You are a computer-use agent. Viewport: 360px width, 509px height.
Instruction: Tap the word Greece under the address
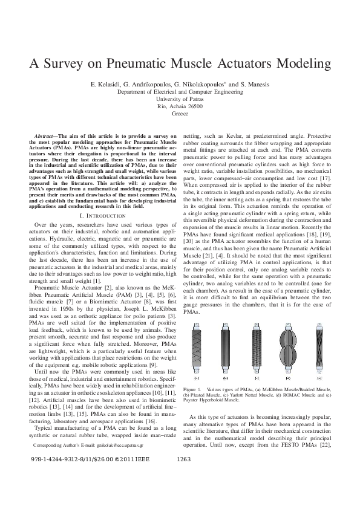point(180,113)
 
